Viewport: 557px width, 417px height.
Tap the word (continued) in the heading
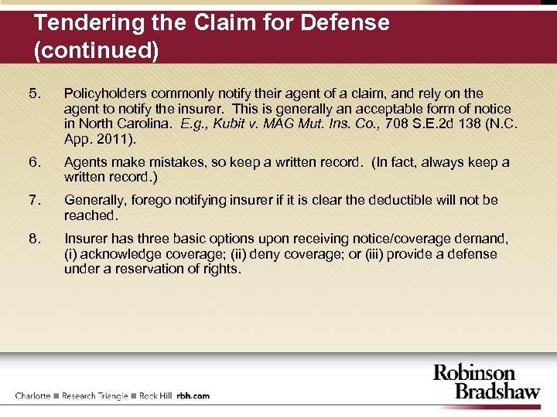(x=97, y=52)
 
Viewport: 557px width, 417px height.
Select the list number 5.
(x=33, y=94)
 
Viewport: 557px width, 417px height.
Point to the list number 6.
(x=33, y=163)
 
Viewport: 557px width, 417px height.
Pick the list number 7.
(x=33, y=201)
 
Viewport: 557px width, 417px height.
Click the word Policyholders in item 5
(x=102, y=94)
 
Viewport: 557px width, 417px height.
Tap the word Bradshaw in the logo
(x=497, y=391)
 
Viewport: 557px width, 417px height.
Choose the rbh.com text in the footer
(x=193, y=396)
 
